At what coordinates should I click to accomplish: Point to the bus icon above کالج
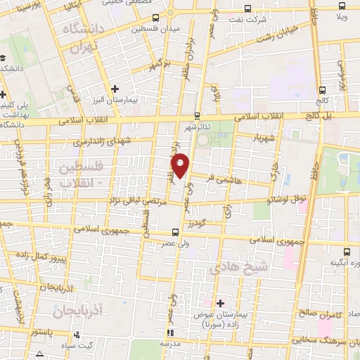pyautogui.click(x=322, y=89)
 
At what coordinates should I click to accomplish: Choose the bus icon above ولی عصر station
pyautogui.click(x=176, y=231)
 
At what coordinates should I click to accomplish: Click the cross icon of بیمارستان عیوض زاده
pyautogui.click(x=220, y=303)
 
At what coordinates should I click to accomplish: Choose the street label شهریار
pyautogui.click(x=269, y=136)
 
